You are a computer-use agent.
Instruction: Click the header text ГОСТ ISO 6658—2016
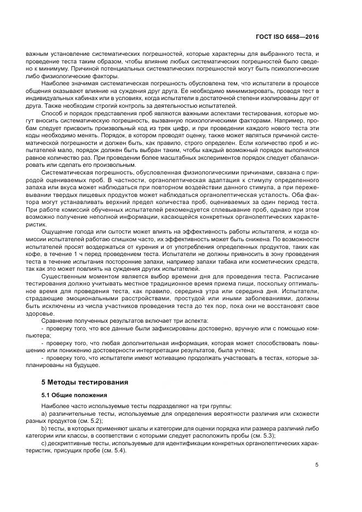[x=288, y=37]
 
